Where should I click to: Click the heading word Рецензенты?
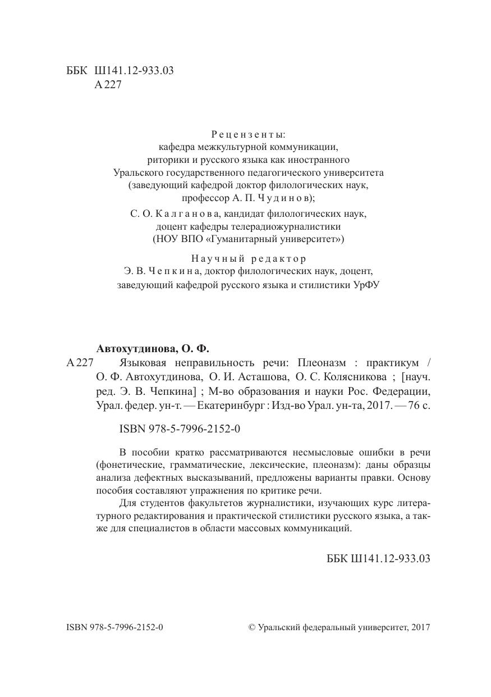tap(248, 134)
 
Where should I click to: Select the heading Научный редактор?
tap(249, 259)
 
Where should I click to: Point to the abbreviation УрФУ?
tap(365, 285)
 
